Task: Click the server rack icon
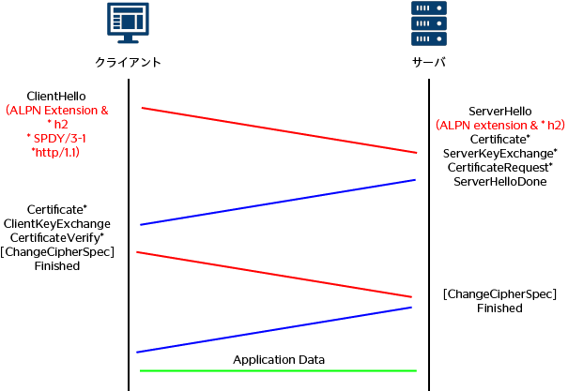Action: pyautogui.click(x=428, y=23)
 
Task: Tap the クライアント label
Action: pyautogui.click(x=129, y=62)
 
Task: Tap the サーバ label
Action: pyautogui.click(x=428, y=62)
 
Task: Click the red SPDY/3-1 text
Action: pyautogui.click(x=57, y=137)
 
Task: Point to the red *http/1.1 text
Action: pyautogui.click(x=57, y=150)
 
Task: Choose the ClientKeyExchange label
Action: pyautogui.click(x=57, y=223)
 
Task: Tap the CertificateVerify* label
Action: pyautogui.click(x=57, y=237)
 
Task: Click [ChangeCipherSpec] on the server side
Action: pyautogui.click(x=499, y=293)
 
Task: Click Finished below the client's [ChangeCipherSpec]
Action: pyautogui.click(x=57, y=265)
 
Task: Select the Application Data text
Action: pyautogui.click(x=279, y=359)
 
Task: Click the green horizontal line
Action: pyautogui.click(x=278, y=370)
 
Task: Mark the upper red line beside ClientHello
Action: pyautogui.click(x=279, y=129)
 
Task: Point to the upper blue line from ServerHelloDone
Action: pyautogui.click(x=278, y=202)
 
